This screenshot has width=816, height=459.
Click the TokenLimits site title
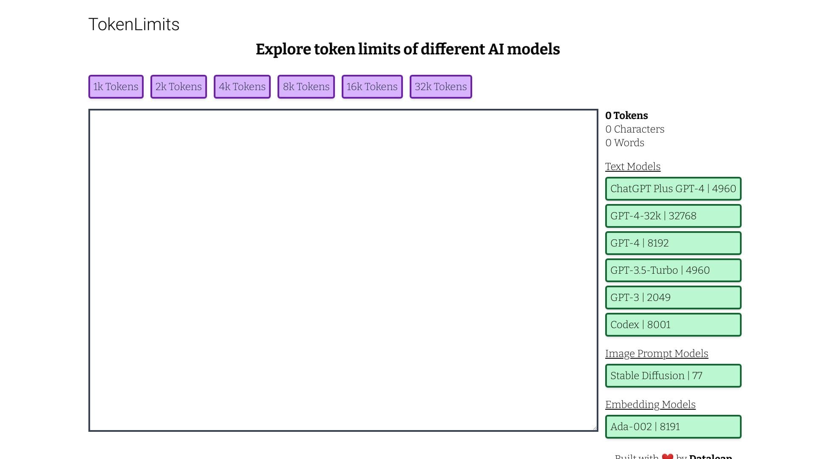click(134, 25)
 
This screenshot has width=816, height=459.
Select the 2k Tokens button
click(178, 87)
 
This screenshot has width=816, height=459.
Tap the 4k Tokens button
click(242, 87)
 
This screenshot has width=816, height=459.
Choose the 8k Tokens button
click(306, 87)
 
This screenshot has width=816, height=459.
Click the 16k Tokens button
click(372, 87)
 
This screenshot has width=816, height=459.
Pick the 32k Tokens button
click(441, 87)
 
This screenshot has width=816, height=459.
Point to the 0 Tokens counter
click(626, 116)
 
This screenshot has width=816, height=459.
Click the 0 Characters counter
click(635, 129)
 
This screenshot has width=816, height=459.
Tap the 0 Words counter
click(624, 143)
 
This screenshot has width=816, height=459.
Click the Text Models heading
click(632, 167)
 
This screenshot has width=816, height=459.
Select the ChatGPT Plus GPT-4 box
click(673, 189)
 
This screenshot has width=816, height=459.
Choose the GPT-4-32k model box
click(673, 216)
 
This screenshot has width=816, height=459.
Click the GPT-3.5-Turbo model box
click(673, 270)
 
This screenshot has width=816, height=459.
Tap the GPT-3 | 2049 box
click(673, 297)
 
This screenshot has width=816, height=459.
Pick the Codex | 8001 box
click(673, 325)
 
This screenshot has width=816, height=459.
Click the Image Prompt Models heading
click(656, 354)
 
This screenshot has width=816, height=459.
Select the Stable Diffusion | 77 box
click(673, 376)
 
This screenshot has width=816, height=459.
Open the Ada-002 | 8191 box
click(673, 427)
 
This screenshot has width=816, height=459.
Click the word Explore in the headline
click(283, 49)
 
